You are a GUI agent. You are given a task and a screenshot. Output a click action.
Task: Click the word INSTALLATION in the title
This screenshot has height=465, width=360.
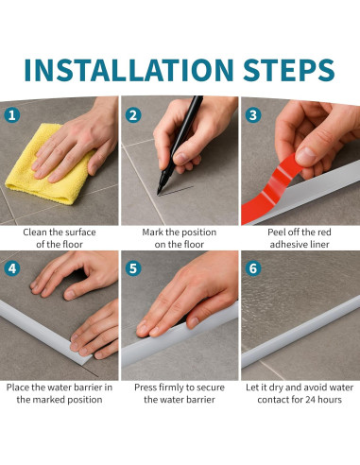click(x=129, y=70)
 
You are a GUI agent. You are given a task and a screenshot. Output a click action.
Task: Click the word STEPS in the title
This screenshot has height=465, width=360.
click(x=288, y=70)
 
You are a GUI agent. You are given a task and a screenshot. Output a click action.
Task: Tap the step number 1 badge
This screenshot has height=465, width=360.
click(x=12, y=115)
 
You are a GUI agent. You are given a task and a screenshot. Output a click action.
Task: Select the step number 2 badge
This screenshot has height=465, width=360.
click(x=133, y=115)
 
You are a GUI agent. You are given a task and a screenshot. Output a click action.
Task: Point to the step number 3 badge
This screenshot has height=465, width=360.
click(x=253, y=115)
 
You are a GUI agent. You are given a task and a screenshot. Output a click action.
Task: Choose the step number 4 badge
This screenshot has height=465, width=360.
click(x=12, y=268)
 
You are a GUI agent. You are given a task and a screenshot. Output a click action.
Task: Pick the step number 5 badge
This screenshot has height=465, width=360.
click(x=133, y=268)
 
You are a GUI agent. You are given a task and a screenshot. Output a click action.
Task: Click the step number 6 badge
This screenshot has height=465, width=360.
click(x=253, y=268)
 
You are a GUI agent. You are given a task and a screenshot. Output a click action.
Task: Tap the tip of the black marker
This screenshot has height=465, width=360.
click(x=159, y=194)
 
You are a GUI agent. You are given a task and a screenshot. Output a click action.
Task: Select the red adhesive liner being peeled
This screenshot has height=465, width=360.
click(x=271, y=191)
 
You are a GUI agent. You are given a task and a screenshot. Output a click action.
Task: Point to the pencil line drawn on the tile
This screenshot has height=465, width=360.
click(x=176, y=191)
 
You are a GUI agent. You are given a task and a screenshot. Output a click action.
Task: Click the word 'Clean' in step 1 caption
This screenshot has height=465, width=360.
click(x=35, y=232)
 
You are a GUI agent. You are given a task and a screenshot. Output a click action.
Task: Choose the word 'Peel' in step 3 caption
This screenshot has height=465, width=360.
click(x=276, y=232)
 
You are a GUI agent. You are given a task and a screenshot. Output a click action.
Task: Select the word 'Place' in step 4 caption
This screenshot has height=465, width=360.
click(x=18, y=387)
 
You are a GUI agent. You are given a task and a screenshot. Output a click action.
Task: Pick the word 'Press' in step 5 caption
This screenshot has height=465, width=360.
click(x=146, y=387)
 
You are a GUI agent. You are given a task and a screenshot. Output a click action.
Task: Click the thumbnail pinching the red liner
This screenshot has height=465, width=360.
click(x=306, y=155)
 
